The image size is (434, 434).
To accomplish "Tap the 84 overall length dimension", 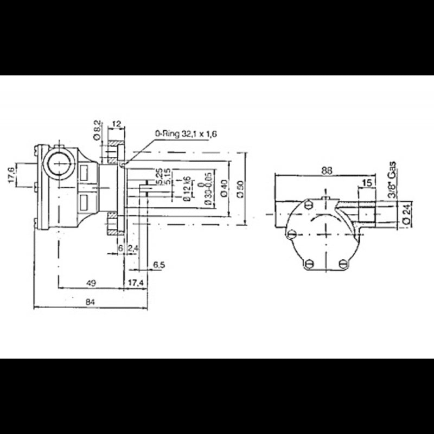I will (91, 303).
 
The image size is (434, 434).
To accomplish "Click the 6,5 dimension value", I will (158, 265).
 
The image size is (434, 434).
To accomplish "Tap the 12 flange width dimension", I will (116, 124).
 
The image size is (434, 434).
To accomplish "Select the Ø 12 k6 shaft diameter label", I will (186, 189).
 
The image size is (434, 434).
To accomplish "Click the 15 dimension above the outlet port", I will (367, 183).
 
